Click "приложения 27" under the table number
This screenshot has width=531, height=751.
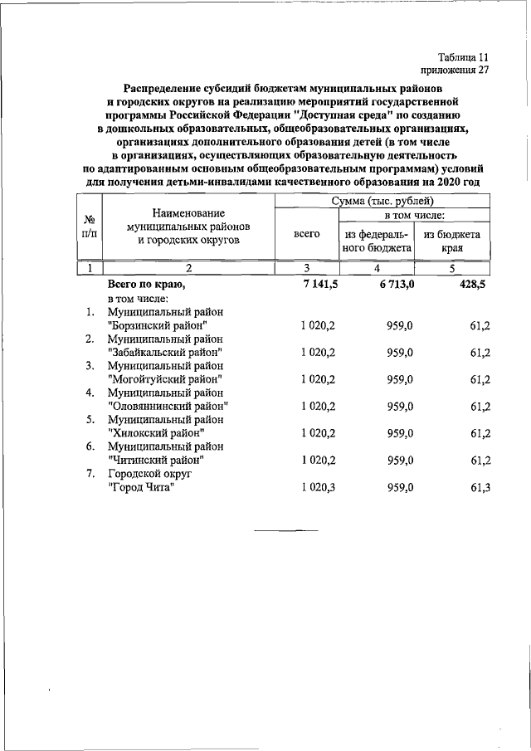pyautogui.click(x=455, y=71)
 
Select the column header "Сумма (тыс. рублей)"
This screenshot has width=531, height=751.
pyautogui.click(x=382, y=202)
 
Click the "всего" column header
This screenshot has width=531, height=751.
pyautogui.click(x=307, y=235)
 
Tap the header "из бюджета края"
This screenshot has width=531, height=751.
pyautogui.click(x=452, y=241)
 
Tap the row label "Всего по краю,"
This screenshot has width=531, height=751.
pyautogui.click(x=146, y=285)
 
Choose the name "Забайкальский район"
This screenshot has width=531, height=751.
pyautogui.click(x=166, y=352)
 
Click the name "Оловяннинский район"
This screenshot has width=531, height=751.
pyautogui.click(x=168, y=406)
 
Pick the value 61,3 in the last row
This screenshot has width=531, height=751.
pyautogui.click(x=480, y=486)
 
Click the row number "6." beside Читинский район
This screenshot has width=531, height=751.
pyautogui.click(x=89, y=446)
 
